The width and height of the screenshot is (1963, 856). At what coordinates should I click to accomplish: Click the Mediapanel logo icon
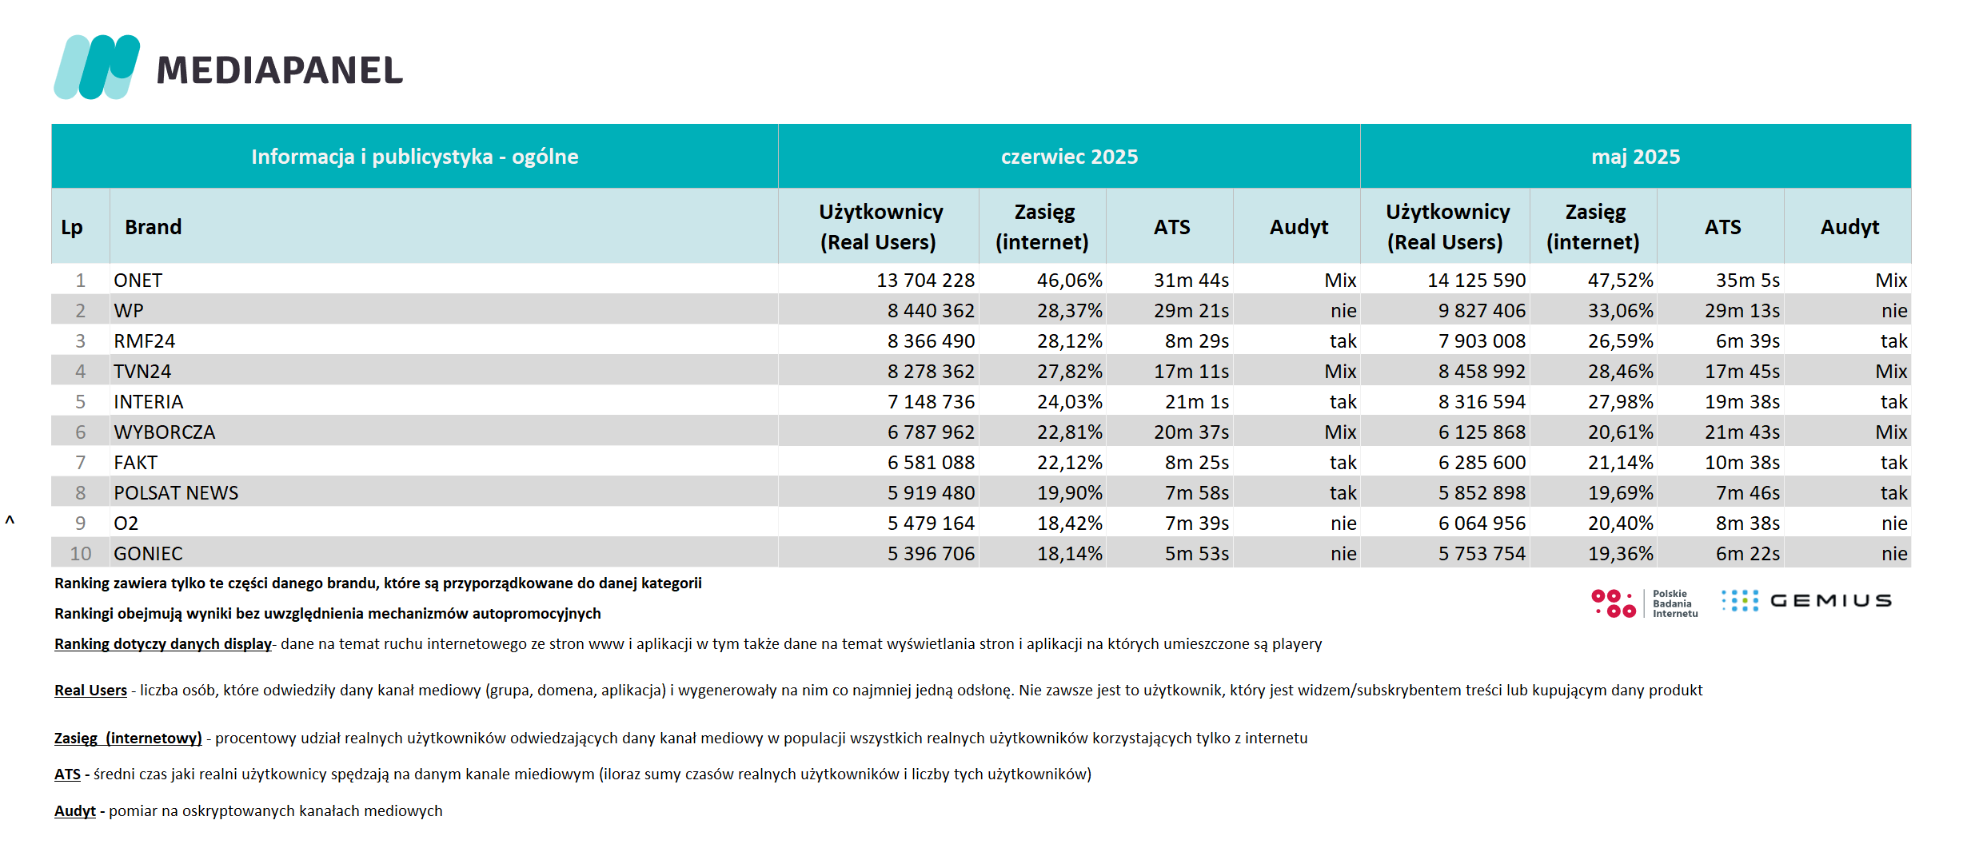pyautogui.click(x=97, y=67)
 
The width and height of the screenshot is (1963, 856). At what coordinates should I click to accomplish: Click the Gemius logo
pyautogui.click(x=1806, y=601)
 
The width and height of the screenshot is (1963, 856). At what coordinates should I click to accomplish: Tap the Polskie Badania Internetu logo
pyautogui.click(x=1644, y=603)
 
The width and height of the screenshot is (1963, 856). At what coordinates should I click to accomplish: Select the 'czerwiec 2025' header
pyautogui.click(x=1069, y=157)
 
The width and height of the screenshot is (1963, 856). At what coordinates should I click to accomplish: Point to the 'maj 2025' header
pyautogui.click(x=1635, y=157)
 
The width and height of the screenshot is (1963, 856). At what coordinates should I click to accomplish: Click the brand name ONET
pyautogui.click(x=138, y=281)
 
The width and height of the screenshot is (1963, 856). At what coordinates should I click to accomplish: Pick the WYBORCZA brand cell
pyautogui.click(x=164, y=432)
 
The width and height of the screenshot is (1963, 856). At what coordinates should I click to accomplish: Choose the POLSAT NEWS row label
pyautogui.click(x=176, y=493)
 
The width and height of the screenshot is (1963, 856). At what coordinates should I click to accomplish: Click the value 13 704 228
pyautogui.click(x=925, y=281)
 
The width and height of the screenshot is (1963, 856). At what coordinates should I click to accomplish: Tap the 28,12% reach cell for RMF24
pyautogui.click(x=1069, y=341)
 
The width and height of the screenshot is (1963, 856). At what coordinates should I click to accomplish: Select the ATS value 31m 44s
pyautogui.click(x=1191, y=281)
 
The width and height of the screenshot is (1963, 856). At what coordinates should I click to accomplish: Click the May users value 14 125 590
pyautogui.click(x=1476, y=281)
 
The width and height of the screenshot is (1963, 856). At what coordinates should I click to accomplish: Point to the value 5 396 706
pyautogui.click(x=931, y=554)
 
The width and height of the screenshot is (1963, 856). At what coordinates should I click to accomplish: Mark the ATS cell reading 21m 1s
pyautogui.click(x=1196, y=402)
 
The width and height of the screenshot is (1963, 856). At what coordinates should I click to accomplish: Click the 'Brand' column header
pyautogui.click(x=153, y=227)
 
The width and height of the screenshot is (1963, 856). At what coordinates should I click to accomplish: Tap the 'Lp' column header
pyautogui.click(x=72, y=228)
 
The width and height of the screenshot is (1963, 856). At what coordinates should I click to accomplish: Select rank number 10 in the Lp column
pyautogui.click(x=81, y=554)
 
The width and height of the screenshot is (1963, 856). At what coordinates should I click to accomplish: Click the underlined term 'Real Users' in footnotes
pyautogui.click(x=90, y=691)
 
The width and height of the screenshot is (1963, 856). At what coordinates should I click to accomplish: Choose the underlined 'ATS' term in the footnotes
pyautogui.click(x=67, y=774)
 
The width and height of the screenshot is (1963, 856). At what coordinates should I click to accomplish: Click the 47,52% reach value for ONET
pyautogui.click(x=1620, y=281)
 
